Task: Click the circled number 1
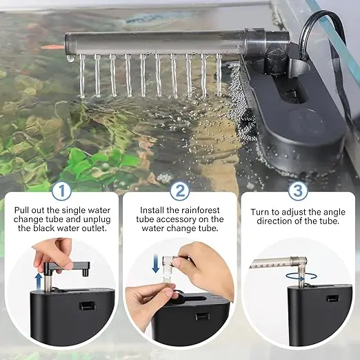tap(61, 191)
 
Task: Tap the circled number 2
tap(180, 191)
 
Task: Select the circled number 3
tap(298, 191)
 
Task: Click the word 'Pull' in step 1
tap(21, 210)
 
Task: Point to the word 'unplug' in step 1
tap(97, 219)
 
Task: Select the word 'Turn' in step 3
tap(259, 212)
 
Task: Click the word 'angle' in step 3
tap(334, 212)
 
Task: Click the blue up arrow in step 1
tap(39, 281)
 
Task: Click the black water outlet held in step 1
tap(67, 268)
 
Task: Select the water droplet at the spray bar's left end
tap(70, 59)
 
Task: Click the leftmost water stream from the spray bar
tap(82, 75)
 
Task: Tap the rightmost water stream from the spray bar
tap(219, 74)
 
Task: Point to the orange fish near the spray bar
tap(52, 47)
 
